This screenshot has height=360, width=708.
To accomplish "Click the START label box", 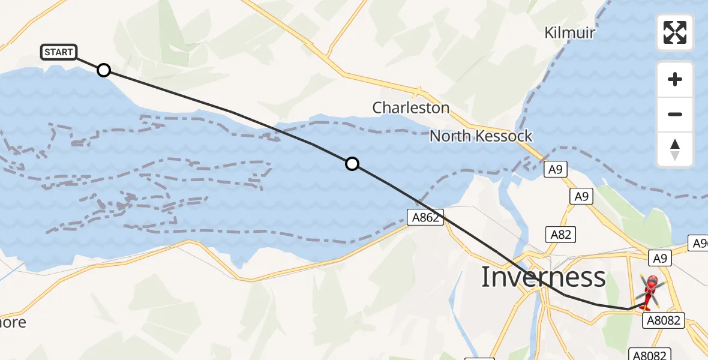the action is pyautogui.click(x=59, y=52).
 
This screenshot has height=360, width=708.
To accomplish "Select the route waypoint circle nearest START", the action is pyautogui.click(x=104, y=70).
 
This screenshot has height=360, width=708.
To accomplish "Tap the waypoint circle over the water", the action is pyautogui.click(x=352, y=163).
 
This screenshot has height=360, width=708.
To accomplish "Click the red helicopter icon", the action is pyautogui.click(x=650, y=290).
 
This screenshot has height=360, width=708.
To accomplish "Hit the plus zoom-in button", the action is pyautogui.click(x=675, y=79).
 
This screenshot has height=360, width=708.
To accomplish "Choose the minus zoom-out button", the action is pyautogui.click(x=675, y=114).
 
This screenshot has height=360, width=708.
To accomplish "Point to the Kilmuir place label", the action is pyautogui.click(x=569, y=32).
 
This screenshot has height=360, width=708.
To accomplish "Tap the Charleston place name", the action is pyautogui.click(x=411, y=108).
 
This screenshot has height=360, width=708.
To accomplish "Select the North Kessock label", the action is pyautogui.click(x=481, y=136).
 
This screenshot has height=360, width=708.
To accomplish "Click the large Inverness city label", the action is pyautogui.click(x=544, y=277).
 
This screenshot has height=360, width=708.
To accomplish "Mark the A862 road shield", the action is pyautogui.click(x=425, y=218).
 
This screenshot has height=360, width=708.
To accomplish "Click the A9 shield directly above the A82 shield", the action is pyautogui.click(x=580, y=196).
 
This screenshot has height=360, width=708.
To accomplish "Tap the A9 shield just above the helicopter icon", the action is pyautogui.click(x=661, y=259).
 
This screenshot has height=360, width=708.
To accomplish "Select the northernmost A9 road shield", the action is pyautogui.click(x=554, y=170).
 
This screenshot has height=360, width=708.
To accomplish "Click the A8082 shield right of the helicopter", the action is pyautogui.click(x=665, y=320).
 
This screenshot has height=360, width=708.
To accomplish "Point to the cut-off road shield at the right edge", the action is pyautogui.click(x=699, y=244).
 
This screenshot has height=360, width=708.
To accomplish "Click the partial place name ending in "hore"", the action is pyautogui.click(x=13, y=322).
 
